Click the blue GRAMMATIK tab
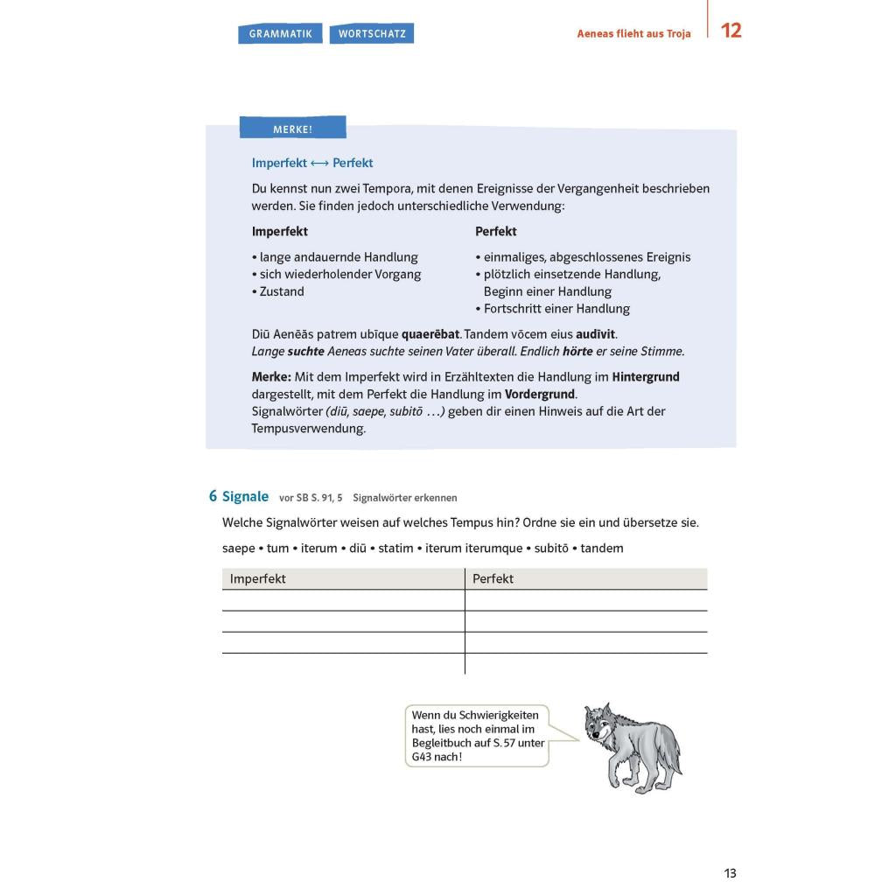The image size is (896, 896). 280,34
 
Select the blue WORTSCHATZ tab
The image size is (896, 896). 371,34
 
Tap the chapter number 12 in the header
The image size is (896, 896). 731,31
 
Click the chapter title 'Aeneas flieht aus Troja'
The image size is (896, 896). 633,34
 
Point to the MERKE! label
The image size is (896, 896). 292,129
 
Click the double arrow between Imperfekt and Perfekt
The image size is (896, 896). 319,164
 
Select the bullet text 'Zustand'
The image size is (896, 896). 282,291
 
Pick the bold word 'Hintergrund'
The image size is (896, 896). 646,377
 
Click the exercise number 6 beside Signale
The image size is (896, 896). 213,496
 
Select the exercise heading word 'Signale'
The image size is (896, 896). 245,496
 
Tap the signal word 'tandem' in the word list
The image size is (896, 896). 602,549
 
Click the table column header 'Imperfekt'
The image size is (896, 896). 257,578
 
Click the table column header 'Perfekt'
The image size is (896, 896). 493,578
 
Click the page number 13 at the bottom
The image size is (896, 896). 730,873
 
